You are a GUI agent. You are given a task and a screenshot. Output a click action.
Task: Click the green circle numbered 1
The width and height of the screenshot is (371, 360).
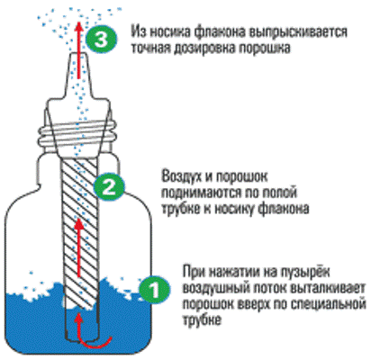[154, 290]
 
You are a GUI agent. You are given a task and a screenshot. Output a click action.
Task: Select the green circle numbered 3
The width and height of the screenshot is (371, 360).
[101, 40]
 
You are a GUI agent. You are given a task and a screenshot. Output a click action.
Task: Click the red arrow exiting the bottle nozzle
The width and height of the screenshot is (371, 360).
[78, 49]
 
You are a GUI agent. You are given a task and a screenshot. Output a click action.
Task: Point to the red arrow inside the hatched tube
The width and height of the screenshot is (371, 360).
[79, 247]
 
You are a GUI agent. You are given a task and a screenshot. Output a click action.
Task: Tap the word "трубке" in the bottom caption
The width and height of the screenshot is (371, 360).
[203, 319]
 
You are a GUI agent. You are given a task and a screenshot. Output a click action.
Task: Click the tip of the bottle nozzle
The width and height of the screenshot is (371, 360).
[78, 54]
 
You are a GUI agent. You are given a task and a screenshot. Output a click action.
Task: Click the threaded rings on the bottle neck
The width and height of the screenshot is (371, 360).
[77, 133]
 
